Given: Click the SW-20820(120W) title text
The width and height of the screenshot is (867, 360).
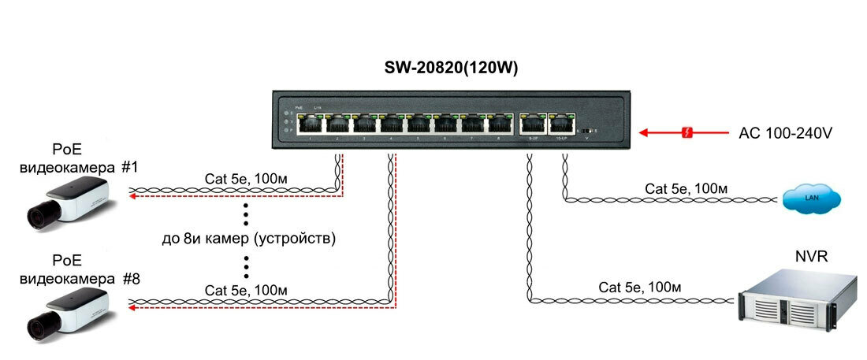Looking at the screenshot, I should (x=450, y=69).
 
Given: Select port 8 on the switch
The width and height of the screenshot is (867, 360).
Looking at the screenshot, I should (x=500, y=124).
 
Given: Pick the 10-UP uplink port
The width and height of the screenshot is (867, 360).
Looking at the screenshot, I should (x=560, y=124).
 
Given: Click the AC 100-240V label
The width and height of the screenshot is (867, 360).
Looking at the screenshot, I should (x=785, y=133).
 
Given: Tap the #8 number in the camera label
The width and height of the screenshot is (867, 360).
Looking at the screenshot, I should (x=131, y=278).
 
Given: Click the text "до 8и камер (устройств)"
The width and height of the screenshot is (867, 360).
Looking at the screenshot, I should (x=248, y=238).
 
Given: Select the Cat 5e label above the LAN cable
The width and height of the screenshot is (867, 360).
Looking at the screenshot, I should (x=686, y=188).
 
